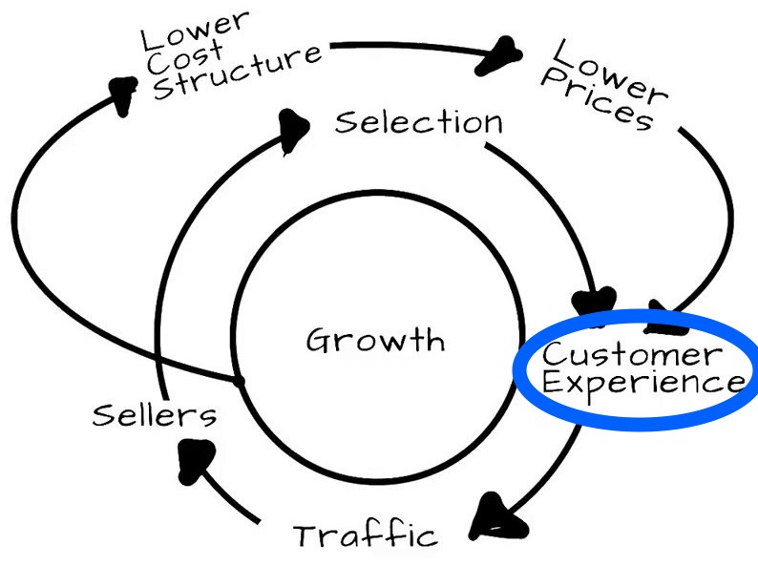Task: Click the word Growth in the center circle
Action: [x=375, y=340]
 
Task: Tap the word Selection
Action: [x=418, y=122]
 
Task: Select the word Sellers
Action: [x=155, y=415]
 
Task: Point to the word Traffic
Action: [x=365, y=535]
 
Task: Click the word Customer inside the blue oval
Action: [x=628, y=354]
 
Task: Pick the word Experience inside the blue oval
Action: [x=630, y=384]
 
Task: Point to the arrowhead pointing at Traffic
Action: [x=501, y=516]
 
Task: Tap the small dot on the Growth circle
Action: [x=239, y=381]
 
